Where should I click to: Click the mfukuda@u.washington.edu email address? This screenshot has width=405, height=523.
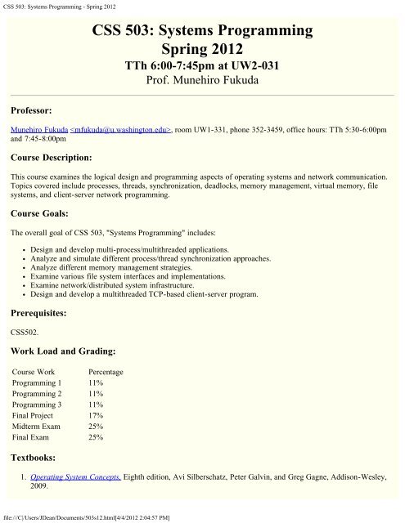click(123, 129)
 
